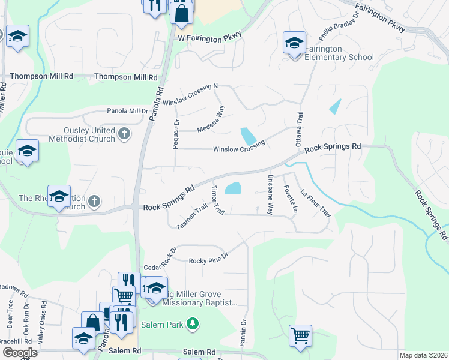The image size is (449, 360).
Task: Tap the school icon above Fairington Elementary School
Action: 294,43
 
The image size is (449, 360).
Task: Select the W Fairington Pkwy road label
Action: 209,37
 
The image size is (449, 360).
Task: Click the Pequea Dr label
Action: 176,130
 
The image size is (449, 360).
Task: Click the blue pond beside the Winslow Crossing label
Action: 246,136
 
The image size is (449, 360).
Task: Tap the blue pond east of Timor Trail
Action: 233,189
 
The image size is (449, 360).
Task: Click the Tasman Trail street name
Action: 191,216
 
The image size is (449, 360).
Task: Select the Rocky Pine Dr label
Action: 209,260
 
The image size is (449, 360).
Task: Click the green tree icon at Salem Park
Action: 192,324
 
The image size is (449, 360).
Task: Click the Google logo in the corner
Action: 20,353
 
